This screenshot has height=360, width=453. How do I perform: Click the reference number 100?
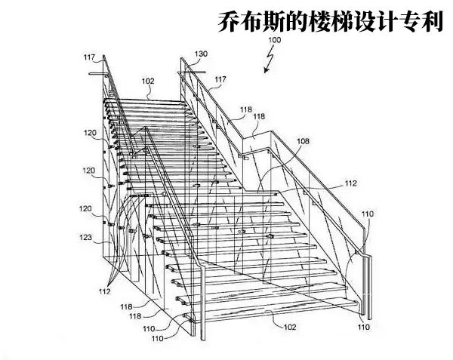pos(275,40)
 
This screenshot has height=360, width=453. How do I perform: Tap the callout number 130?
pos(201,54)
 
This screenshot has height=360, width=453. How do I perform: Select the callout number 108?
pos(303,141)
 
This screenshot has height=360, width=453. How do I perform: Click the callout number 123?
pos(86,237)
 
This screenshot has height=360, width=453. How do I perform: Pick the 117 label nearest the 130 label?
pos(220,79)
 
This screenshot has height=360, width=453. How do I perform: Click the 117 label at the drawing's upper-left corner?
pos(90,57)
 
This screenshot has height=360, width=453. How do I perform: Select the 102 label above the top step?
pos(148,81)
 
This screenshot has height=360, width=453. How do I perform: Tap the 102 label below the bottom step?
pos(290,327)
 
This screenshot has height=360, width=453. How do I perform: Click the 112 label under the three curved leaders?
pos(105,291)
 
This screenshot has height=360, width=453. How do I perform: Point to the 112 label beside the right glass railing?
pos(351,183)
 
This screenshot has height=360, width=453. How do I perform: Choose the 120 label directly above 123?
pos(85,208)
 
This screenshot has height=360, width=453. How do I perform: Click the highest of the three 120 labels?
pos(90,133)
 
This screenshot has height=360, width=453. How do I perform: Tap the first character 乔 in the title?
pos(229,22)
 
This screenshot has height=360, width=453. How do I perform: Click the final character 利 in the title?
pos(432,22)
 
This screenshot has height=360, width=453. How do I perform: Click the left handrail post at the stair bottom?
pos(202,303)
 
